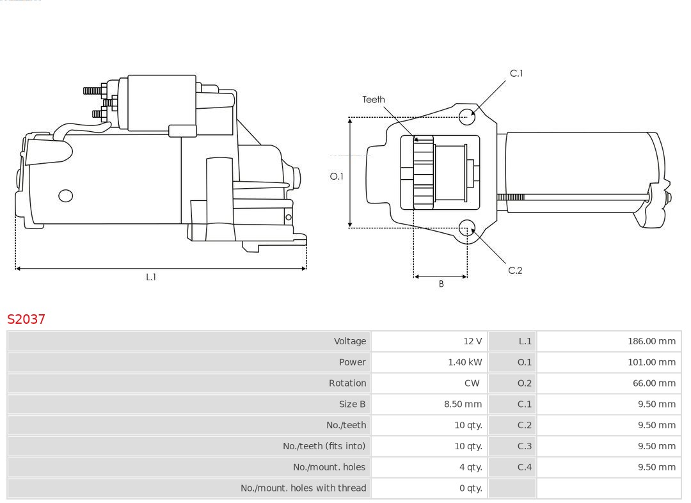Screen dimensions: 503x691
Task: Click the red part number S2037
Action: (26, 319)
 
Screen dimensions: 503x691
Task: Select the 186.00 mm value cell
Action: (651, 341)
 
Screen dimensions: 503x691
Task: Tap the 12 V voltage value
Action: (472, 341)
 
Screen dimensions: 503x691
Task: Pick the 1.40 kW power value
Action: (465, 362)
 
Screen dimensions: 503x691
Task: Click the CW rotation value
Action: (472, 383)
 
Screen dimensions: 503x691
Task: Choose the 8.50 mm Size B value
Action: (463, 404)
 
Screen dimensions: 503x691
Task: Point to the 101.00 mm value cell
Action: (651, 362)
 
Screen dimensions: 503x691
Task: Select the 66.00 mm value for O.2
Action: (653, 383)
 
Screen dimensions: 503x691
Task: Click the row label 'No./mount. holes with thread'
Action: (303, 488)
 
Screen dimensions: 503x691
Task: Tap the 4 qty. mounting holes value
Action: (470, 467)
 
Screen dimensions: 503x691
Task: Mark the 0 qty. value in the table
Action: (470, 488)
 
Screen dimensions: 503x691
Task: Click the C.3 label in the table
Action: (525, 446)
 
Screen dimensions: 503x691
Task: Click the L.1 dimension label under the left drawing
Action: (151, 277)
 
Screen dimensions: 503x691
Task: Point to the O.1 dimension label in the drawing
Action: (337, 176)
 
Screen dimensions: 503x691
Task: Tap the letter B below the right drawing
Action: (441, 284)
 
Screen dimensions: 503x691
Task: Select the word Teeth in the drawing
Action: (374, 99)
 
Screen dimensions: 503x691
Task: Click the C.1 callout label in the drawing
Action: (516, 74)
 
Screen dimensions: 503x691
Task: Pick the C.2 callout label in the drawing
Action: (515, 271)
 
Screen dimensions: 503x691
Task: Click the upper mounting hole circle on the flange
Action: (467, 116)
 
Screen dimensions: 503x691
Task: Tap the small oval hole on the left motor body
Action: (65, 196)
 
